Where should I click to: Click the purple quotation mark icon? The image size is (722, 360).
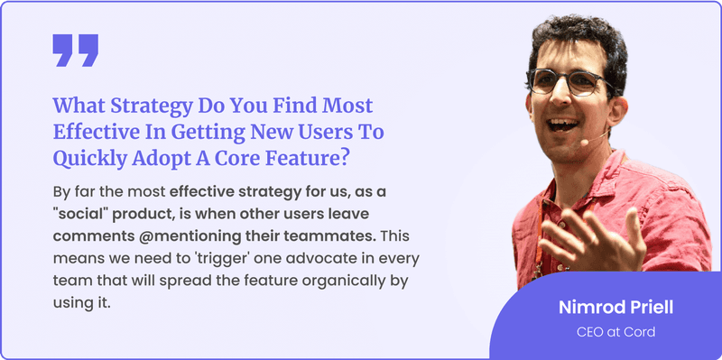click(x=75, y=51)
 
